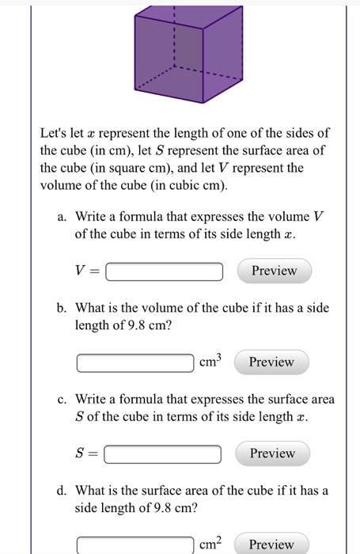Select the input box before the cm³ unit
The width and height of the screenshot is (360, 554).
(135, 363)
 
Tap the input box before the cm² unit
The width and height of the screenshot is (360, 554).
(135, 545)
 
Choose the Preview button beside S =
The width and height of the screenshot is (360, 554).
(272, 453)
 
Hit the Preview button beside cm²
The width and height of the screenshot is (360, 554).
(271, 545)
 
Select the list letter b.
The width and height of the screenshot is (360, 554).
(60, 307)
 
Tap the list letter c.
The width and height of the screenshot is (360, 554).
(60, 399)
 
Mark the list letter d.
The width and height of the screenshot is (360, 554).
(60, 491)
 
